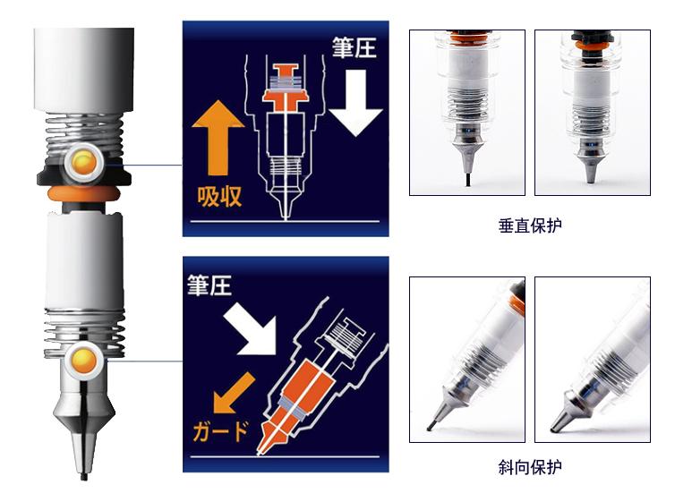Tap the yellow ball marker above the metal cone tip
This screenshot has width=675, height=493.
click(x=84, y=357)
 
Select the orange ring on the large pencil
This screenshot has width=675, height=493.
click(x=83, y=193)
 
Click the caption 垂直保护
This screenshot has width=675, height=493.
click(x=530, y=225)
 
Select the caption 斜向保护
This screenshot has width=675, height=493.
click(x=530, y=467)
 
